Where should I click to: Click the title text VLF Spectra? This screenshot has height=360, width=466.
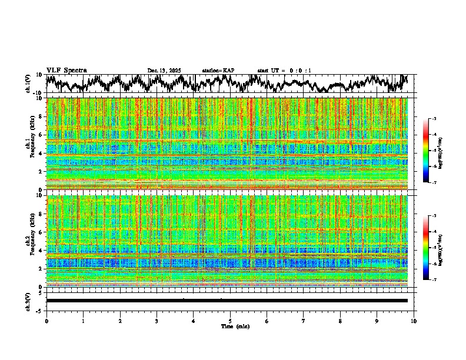66,70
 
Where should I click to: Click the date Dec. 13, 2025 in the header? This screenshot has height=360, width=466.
164,71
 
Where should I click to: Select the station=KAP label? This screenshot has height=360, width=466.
218,71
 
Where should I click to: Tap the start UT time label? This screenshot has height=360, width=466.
284,71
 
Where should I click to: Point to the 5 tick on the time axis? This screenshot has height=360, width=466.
230,321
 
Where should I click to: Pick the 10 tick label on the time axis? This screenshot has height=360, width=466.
414,321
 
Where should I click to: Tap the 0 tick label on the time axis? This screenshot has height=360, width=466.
46,321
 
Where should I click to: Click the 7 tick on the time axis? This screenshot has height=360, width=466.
304,321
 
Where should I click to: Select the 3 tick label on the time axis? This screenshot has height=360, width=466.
157,321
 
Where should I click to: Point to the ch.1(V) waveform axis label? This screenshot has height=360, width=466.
28,84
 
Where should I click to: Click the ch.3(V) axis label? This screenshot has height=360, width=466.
28,301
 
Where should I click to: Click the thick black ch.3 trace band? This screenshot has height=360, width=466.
227,301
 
